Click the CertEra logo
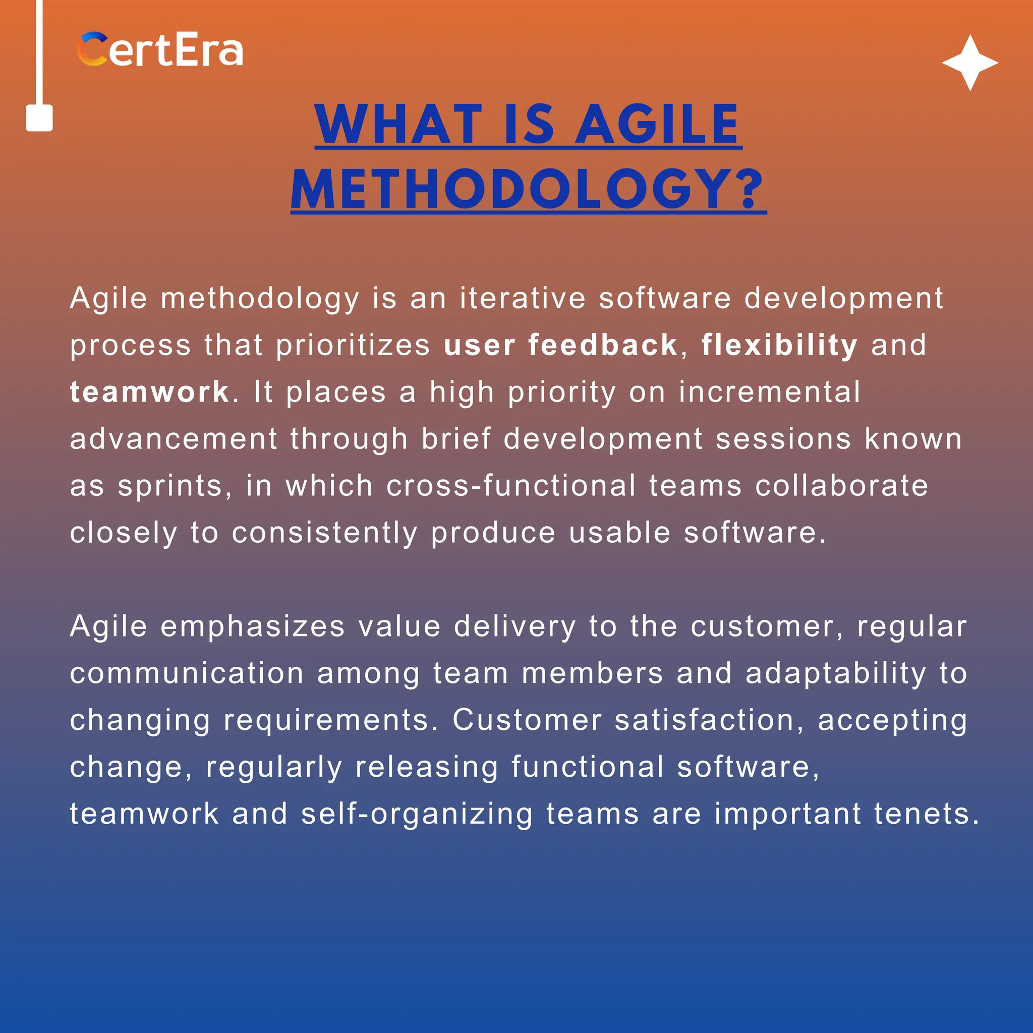(160, 50)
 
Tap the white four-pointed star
(970, 63)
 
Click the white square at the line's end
(39, 118)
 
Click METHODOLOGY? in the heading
(528, 189)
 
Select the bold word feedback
(603, 345)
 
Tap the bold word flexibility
(779, 345)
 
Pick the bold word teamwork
(150, 392)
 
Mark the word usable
(619, 533)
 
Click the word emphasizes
(252, 626)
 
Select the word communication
(187, 673)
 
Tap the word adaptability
(835, 674)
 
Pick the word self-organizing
(417, 814)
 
